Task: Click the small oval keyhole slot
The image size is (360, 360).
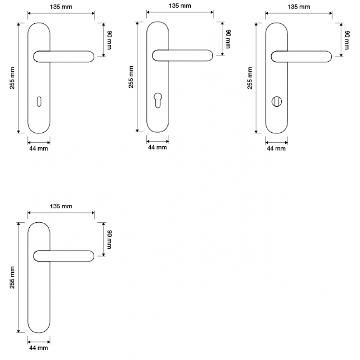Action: [x=39, y=102]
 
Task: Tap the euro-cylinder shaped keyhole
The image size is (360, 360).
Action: [x=158, y=100]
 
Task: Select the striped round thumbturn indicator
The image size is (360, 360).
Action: [x=277, y=102]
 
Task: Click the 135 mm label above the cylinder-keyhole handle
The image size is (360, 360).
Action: [x=180, y=6]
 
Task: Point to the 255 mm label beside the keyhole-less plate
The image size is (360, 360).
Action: [x=12, y=277]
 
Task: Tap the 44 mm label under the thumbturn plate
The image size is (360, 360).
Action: [x=276, y=148]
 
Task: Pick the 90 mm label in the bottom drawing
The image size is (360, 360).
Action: [x=109, y=239]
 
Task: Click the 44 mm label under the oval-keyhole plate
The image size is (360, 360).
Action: [x=39, y=148]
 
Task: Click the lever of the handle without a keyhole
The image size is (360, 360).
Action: [x=64, y=256]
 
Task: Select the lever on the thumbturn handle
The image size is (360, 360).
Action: [x=301, y=57]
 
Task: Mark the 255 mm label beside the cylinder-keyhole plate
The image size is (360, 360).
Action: [x=131, y=77]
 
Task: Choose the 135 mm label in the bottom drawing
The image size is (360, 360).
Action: [x=61, y=206]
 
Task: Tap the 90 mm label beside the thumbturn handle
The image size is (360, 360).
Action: [x=347, y=40]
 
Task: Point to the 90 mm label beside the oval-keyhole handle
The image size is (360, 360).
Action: [x=109, y=40]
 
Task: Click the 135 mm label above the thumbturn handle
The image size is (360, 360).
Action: [x=299, y=7]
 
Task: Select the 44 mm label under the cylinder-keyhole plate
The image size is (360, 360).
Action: [x=157, y=148]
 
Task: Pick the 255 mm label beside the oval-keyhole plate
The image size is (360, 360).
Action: [x=12, y=78]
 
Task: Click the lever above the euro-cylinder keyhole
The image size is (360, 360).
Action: [x=183, y=55]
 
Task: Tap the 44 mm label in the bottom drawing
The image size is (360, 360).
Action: [x=39, y=348]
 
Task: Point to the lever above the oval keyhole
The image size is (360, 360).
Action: [x=64, y=57]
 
